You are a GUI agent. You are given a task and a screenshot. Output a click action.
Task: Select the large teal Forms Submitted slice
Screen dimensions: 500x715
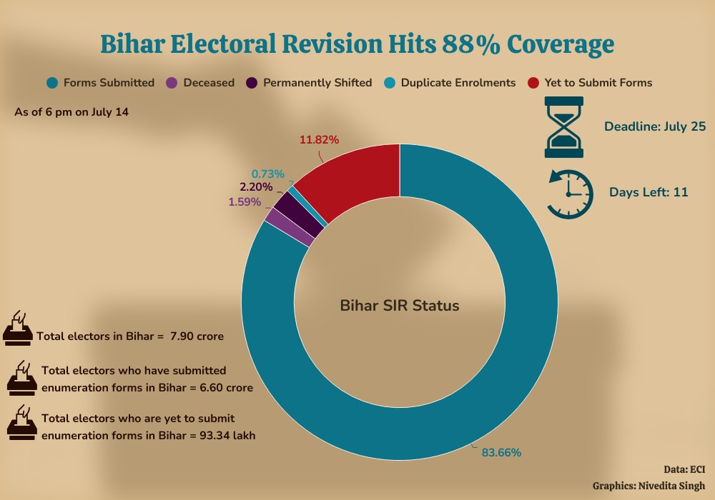point(500,357)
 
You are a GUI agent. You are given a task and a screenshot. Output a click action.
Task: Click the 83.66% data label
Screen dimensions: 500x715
point(501,452)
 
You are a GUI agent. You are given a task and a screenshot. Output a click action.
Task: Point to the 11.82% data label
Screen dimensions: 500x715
point(319,140)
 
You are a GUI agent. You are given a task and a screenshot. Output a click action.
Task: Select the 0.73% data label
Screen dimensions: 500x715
point(267,174)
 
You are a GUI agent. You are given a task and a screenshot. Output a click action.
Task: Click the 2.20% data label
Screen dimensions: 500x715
point(256,187)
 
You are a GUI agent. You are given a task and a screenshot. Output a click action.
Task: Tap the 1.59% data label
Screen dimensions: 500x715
point(245,202)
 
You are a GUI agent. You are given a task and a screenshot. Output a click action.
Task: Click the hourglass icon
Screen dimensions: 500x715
point(564,128)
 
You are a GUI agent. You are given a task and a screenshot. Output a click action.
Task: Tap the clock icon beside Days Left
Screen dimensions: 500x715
point(570,193)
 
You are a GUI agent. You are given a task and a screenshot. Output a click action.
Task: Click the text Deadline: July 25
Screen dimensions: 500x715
point(655,127)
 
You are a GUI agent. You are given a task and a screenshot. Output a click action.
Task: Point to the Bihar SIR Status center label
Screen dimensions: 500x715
point(399,306)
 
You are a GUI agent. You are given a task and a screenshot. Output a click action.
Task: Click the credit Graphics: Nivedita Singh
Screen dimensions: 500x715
point(649,486)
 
